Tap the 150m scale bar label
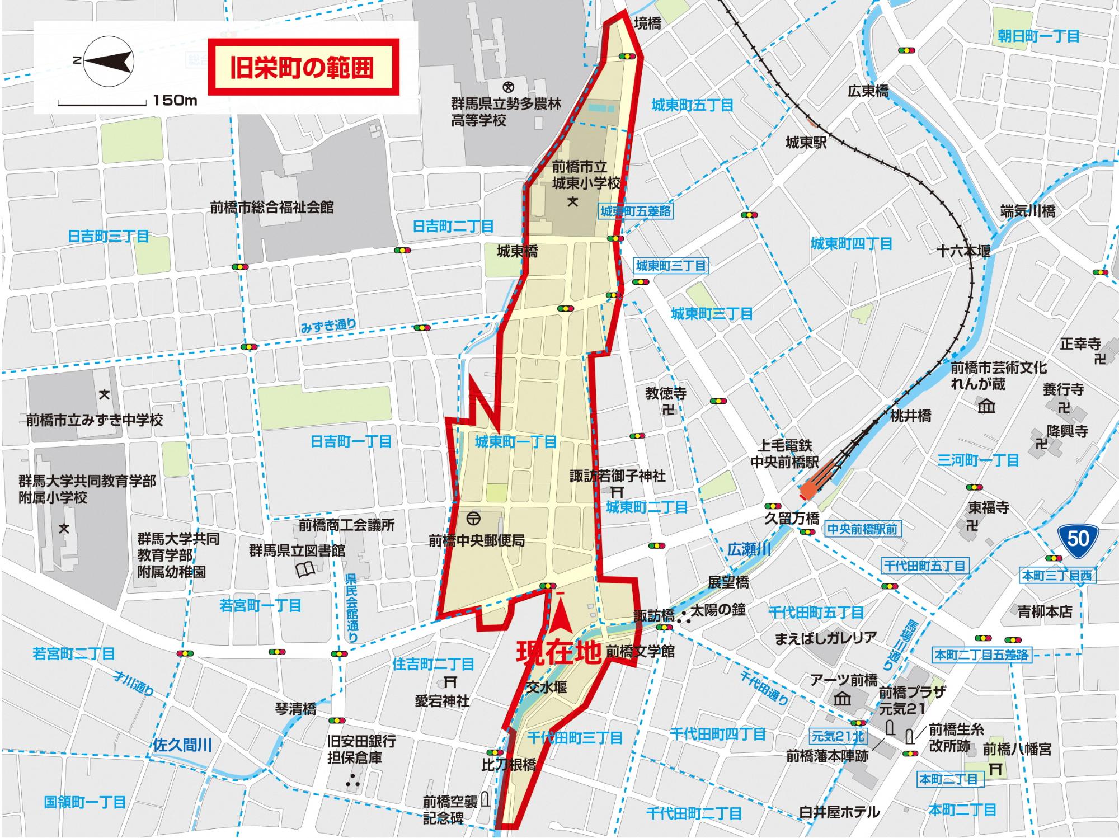[x=175, y=101]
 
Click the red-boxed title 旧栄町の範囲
[x=303, y=67]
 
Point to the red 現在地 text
[x=558, y=652]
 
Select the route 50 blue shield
[x=1078, y=538]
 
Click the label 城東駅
[x=806, y=143]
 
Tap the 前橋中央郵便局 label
[x=477, y=540]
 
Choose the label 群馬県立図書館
[x=297, y=550]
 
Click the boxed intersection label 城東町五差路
[x=636, y=211]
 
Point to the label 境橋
[x=647, y=23]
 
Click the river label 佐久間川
[x=182, y=745]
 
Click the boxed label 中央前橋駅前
[x=862, y=529]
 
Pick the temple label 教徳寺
[x=666, y=393]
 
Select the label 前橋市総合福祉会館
[x=272, y=207]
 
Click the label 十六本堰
[x=964, y=251]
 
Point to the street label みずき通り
[x=328, y=325]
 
